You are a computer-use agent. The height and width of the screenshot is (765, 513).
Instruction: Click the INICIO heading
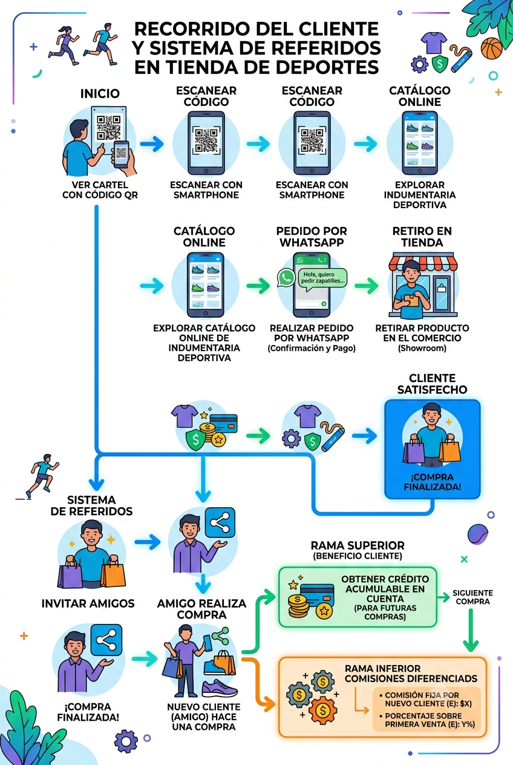point(100,94)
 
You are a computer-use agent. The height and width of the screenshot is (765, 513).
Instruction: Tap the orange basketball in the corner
point(491,48)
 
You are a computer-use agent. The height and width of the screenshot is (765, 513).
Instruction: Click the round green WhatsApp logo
point(286,278)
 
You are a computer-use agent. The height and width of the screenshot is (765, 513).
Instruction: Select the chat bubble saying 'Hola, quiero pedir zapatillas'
point(322,278)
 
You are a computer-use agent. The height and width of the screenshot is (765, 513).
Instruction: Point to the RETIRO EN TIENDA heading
point(422,237)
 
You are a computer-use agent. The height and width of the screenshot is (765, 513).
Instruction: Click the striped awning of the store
point(423,262)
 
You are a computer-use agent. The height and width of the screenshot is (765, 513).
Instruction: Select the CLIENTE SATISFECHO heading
point(432,384)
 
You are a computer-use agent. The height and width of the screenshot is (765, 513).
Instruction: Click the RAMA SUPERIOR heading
point(358,545)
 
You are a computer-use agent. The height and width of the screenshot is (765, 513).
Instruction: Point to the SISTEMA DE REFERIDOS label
point(91,505)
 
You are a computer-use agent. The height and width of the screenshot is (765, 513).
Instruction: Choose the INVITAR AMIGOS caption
point(88,603)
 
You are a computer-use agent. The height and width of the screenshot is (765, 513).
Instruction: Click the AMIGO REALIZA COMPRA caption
point(201,609)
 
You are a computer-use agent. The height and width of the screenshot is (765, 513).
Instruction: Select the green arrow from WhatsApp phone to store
point(366,285)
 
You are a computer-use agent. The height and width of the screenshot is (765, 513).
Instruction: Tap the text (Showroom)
point(422,349)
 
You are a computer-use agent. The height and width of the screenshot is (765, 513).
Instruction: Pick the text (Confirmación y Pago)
point(312,349)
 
